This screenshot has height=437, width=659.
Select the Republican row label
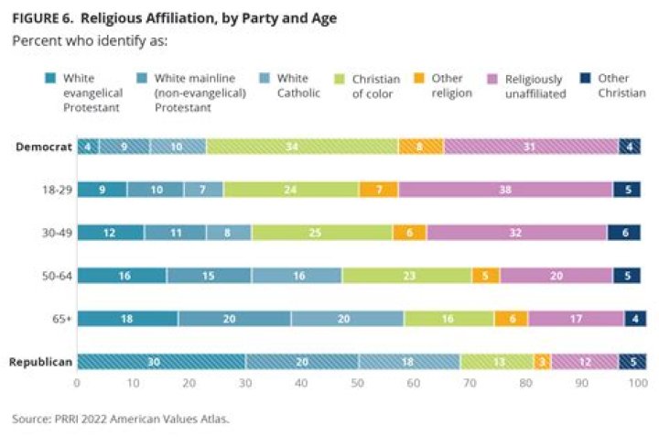click(x=39, y=362)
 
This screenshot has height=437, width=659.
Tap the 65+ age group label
click(x=59, y=319)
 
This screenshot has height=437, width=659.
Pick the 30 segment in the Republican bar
click(x=154, y=362)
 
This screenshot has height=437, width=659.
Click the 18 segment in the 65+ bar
click(x=127, y=319)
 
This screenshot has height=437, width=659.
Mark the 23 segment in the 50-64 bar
click(x=406, y=276)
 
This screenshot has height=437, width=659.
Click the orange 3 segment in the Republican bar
click(x=542, y=362)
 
